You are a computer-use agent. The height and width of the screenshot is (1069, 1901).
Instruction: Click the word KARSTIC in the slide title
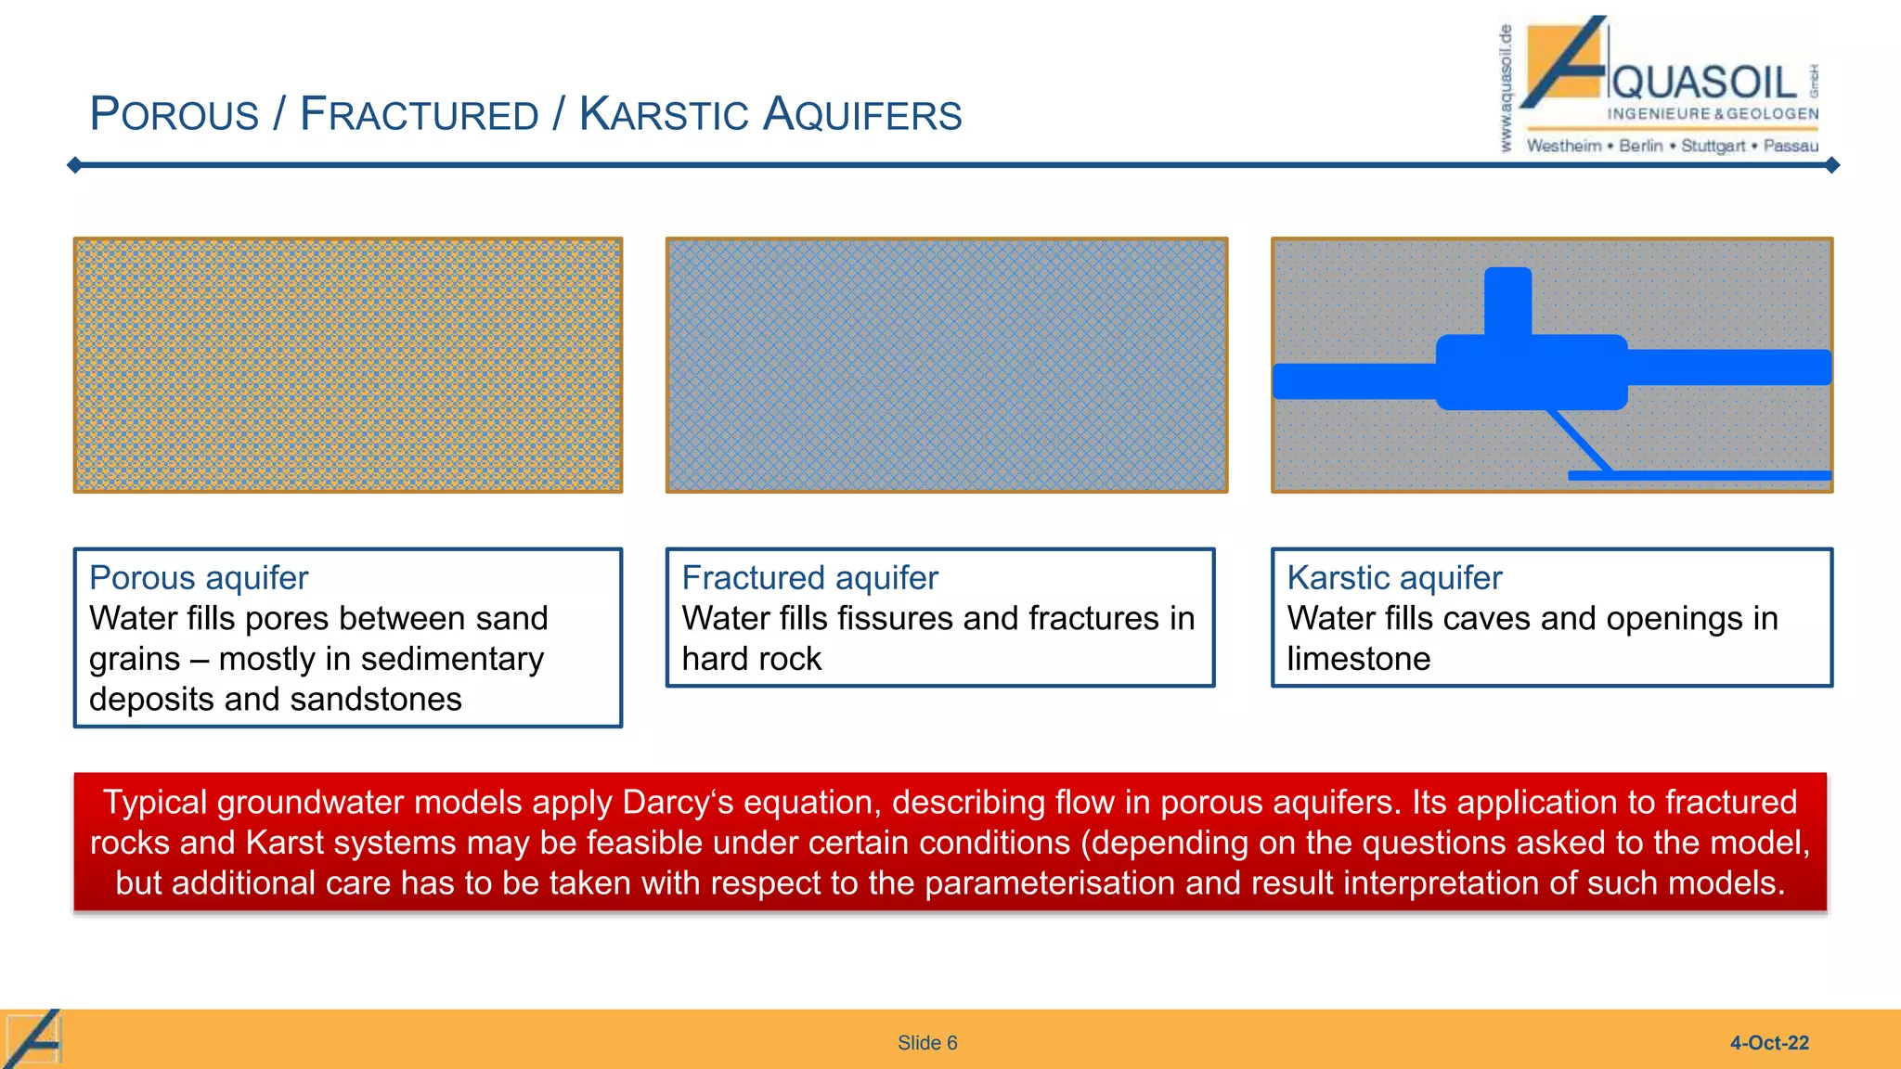(676, 115)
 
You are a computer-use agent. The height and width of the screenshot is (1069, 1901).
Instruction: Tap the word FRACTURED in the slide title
(419, 115)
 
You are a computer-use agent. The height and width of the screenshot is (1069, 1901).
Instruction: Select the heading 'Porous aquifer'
(199, 578)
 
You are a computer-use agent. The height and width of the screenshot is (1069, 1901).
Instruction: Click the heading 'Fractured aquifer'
(809, 578)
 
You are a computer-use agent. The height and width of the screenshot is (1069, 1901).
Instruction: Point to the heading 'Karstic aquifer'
(1393, 578)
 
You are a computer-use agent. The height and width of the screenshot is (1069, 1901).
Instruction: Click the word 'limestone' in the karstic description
(1358, 659)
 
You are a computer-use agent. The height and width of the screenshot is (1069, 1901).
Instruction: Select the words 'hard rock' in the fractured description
(751, 659)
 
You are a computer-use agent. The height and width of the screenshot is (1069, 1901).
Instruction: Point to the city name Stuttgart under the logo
(1713, 146)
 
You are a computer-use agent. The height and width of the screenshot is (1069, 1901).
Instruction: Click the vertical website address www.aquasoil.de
(1506, 88)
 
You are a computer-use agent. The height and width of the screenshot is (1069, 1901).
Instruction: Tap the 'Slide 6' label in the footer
(926, 1043)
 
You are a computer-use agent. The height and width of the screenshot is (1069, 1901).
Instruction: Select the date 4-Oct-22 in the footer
(1768, 1043)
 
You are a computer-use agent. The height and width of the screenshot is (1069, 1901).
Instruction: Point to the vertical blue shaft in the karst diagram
(1507, 300)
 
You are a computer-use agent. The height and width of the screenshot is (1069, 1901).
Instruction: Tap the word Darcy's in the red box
(683, 802)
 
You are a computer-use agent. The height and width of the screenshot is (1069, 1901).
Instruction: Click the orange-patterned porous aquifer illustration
(348, 365)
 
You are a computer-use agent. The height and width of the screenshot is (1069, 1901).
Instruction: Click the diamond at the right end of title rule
(1831, 165)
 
